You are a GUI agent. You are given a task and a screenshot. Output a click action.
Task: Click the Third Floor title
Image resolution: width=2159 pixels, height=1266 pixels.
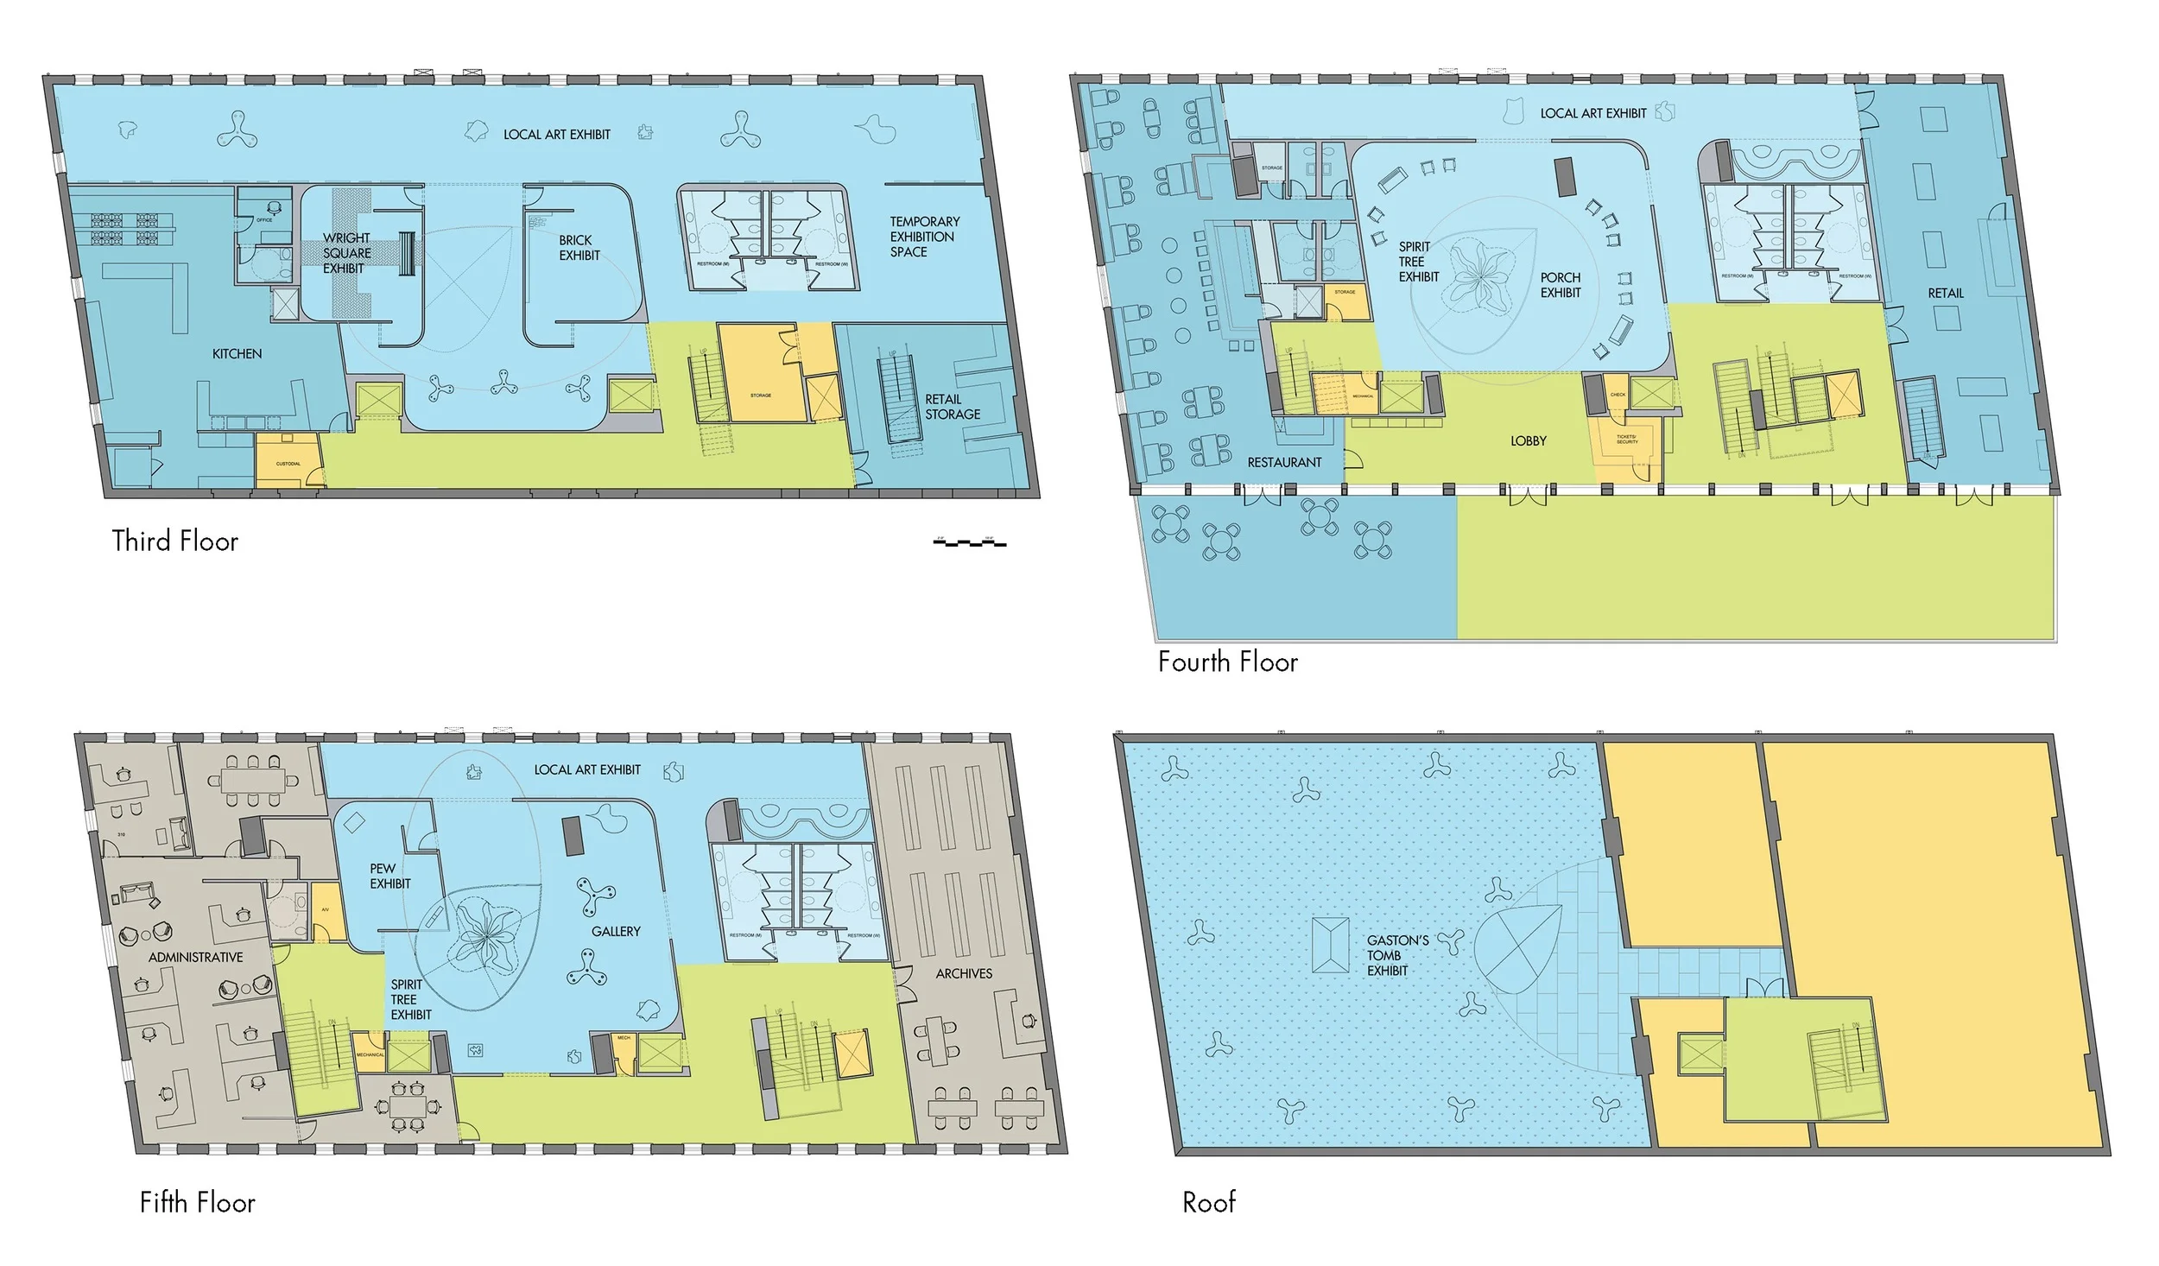[174, 541]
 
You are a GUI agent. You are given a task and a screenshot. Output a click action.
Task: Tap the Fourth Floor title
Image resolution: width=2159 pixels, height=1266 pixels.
[1227, 661]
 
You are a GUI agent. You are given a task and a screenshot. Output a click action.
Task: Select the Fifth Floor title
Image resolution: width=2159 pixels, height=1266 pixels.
[197, 1202]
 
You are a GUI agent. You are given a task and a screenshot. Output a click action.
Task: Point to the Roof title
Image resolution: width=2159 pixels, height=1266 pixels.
[1208, 1201]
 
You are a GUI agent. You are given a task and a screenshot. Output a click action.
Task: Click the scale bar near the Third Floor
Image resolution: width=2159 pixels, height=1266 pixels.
[970, 542]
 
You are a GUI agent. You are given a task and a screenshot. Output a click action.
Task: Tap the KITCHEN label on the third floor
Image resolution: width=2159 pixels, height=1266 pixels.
[237, 354]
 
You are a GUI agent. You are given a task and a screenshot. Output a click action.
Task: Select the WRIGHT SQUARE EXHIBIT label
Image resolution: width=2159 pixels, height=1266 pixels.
[345, 253]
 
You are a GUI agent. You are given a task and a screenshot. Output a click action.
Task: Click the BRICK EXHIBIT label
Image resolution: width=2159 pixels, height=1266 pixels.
[579, 248]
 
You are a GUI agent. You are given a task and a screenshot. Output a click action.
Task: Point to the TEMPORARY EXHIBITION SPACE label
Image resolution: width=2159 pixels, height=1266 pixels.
[923, 237]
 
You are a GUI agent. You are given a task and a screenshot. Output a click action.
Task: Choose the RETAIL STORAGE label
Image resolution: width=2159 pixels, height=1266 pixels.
[952, 407]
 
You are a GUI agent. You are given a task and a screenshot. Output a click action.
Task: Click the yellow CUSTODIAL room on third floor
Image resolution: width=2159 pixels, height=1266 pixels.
[288, 460]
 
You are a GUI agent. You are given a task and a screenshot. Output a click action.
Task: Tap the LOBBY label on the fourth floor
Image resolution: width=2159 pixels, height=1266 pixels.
[1528, 441]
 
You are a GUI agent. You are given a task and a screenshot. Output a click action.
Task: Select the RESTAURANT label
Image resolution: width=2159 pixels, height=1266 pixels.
[1283, 463]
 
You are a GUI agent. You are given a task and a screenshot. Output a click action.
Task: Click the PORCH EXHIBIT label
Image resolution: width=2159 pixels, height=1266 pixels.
[1560, 285]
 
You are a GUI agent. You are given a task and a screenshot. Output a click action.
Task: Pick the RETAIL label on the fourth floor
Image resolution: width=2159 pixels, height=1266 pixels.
[1945, 294]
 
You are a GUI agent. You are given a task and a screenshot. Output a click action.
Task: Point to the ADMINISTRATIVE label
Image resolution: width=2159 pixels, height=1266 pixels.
[195, 957]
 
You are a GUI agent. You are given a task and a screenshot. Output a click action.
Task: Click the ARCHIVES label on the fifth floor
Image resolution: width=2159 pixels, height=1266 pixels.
[964, 973]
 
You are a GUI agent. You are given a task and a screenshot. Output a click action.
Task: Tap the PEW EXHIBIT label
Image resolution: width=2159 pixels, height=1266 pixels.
[389, 876]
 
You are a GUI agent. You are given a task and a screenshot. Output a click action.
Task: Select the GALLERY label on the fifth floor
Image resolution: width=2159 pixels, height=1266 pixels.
[616, 931]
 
